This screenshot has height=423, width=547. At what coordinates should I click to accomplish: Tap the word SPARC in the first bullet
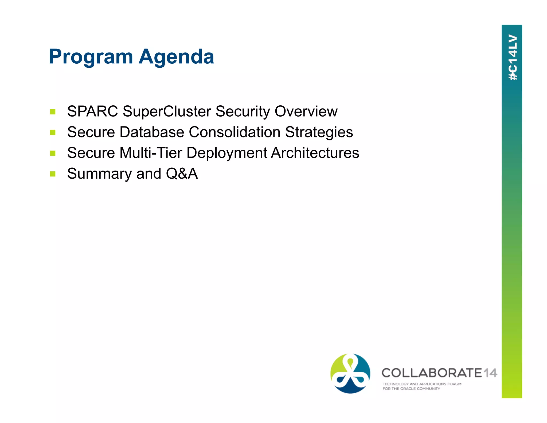click(92, 111)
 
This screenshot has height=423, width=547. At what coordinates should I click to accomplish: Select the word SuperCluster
click(167, 111)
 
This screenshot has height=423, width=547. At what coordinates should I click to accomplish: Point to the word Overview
click(306, 111)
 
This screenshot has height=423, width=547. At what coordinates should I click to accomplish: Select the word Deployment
click(227, 153)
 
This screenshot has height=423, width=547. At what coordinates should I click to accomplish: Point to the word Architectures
click(315, 153)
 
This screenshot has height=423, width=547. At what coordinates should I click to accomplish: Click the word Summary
click(99, 174)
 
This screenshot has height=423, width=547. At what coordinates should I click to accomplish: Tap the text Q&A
click(182, 174)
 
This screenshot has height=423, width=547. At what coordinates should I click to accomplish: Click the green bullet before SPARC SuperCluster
click(53, 112)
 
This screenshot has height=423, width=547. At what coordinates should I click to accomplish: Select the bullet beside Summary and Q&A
click(53, 174)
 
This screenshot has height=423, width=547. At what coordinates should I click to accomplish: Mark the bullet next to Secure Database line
click(53, 132)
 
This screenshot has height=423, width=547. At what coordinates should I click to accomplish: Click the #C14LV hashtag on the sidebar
click(513, 57)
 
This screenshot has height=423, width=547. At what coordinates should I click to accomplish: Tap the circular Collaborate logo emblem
click(350, 373)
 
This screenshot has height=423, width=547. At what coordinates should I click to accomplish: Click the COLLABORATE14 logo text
click(439, 373)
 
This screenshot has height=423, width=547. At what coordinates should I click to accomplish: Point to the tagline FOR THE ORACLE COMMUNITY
click(411, 389)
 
